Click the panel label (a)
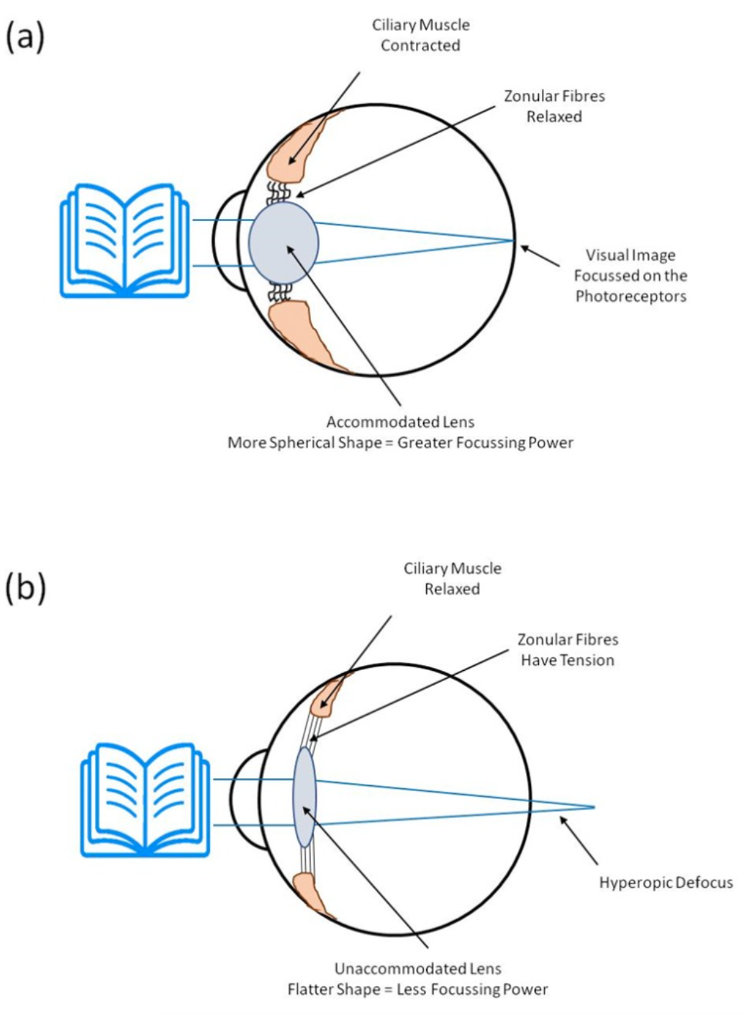(25, 36)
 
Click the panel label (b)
(26, 587)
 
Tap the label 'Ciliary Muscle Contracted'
(420, 35)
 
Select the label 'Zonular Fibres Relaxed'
(554, 106)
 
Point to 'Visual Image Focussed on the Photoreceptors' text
(630, 275)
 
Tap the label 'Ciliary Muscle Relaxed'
(452, 578)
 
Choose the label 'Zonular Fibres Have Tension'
(568, 649)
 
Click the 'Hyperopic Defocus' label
(666, 882)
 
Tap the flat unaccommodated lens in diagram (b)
(304, 797)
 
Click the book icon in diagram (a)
(124, 241)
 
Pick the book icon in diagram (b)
(146, 800)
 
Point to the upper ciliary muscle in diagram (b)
(329, 694)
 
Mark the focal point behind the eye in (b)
(594, 807)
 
